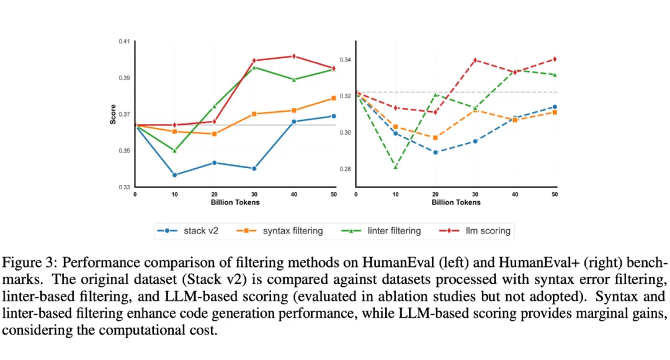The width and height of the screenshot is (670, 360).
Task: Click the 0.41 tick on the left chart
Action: [125, 42]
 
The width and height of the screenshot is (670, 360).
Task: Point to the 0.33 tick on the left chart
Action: [125, 187]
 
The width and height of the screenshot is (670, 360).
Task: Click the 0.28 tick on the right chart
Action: [345, 169]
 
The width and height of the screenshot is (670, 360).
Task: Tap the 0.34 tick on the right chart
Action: [345, 60]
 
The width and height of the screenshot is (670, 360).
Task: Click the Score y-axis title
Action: [113, 114]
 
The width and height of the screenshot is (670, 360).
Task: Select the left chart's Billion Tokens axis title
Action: [234, 202]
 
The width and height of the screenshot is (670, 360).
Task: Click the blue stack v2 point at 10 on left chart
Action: [175, 175]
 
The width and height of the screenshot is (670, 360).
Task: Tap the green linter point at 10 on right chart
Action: [395, 166]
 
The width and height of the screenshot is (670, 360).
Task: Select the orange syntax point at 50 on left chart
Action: [334, 98]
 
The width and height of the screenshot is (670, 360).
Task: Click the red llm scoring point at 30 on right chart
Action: [475, 60]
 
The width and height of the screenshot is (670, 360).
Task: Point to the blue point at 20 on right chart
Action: [435, 152]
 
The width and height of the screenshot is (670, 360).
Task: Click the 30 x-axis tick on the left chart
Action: [254, 194]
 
